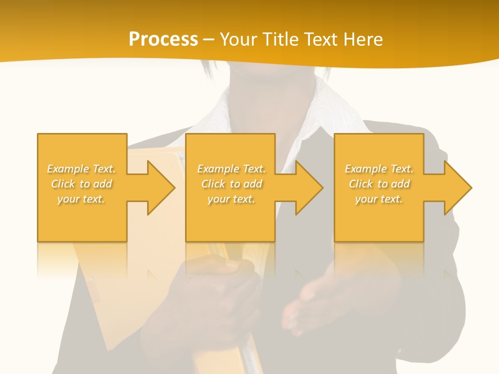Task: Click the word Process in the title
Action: click(x=163, y=39)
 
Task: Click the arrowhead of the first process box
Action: click(x=161, y=188)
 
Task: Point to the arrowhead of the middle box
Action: click(x=309, y=188)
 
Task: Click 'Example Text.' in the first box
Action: click(x=81, y=169)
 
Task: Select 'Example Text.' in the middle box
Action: click(x=231, y=169)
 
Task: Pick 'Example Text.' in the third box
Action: click(x=379, y=169)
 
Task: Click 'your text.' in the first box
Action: click(x=81, y=199)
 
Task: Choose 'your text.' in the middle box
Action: click(x=231, y=199)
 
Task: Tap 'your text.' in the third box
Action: click(x=379, y=199)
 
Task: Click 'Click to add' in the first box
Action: click(x=81, y=184)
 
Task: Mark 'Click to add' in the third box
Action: click(x=379, y=184)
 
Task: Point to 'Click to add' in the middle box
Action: click(x=231, y=184)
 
